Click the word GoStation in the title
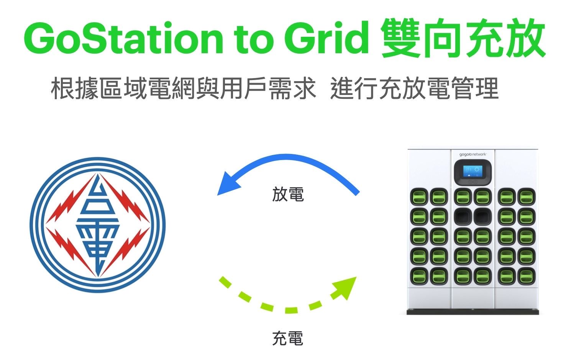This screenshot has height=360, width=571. point(124,38)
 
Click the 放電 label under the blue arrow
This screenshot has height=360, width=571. point(288,195)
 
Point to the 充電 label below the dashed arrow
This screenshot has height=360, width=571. point(288,338)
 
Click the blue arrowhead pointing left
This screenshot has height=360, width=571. point(228,184)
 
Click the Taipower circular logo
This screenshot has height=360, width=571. point(98,225)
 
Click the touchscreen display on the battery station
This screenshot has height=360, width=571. point(473,172)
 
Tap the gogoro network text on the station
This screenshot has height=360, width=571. point(473,154)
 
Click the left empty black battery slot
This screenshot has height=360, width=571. point(463,217)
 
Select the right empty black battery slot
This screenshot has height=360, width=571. point(482,217)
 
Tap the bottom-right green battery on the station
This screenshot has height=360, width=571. point(527,276)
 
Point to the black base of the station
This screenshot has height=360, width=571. point(473,312)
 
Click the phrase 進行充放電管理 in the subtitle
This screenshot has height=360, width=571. point(415,88)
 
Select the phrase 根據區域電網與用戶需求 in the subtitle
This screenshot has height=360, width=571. point(184,88)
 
